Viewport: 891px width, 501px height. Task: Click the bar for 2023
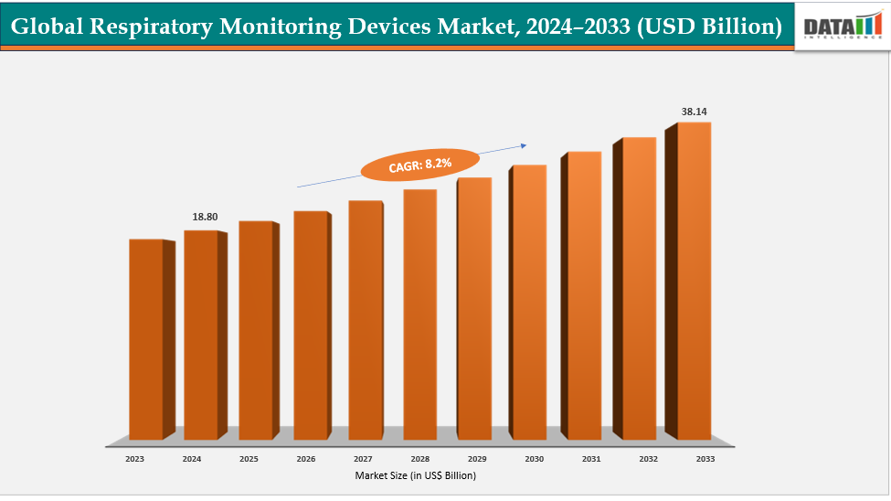pyautogui.click(x=145, y=338)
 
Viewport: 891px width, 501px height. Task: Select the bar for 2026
pyautogui.click(x=310, y=325)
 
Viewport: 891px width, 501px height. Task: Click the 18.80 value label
pyautogui.click(x=205, y=217)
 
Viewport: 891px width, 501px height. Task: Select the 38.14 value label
pyautogui.click(x=694, y=112)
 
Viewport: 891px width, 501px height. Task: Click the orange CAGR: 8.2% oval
pyautogui.click(x=419, y=165)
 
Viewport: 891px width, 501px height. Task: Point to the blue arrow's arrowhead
pyautogui.click(x=524, y=144)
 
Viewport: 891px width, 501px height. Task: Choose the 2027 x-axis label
pyautogui.click(x=362, y=459)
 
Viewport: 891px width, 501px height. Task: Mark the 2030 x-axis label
pyautogui.click(x=534, y=459)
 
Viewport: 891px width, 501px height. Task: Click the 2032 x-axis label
pyautogui.click(x=648, y=459)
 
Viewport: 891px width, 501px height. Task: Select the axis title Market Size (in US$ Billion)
pyautogui.click(x=416, y=475)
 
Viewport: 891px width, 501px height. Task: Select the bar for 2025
pyautogui.click(x=255, y=329)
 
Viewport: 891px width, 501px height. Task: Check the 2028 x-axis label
pyautogui.click(x=419, y=459)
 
